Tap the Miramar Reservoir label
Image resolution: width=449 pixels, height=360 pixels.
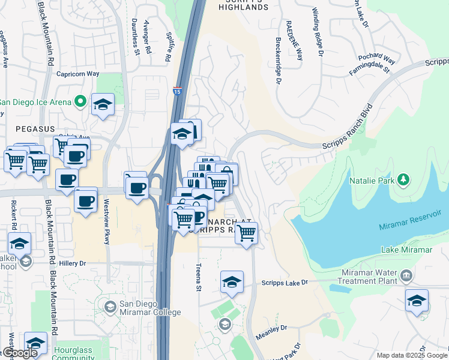pos(414,226)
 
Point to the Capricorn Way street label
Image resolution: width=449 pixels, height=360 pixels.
pos(77,74)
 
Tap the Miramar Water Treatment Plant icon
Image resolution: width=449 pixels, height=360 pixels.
pos(407,275)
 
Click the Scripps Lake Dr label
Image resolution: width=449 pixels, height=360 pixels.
pos(284,282)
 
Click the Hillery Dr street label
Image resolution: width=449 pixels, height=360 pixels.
pos(73,263)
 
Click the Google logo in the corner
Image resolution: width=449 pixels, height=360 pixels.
pos(19,353)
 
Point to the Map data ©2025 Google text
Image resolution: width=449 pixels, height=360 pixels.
pos(412,355)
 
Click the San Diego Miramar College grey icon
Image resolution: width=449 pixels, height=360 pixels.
pos(110,307)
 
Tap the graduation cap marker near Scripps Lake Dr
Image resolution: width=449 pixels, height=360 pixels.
pos(232,281)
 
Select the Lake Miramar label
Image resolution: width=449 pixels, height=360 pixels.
pos(406,250)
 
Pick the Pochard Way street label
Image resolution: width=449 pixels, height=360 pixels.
pos(376,59)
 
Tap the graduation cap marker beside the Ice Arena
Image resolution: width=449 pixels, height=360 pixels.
pos(103,105)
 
